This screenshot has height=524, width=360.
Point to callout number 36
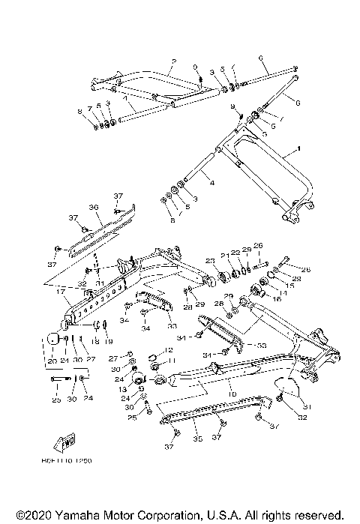pos(94,208)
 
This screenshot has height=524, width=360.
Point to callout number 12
pos(169,350)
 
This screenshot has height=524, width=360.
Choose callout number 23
pos(210,260)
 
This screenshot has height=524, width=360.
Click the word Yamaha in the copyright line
pos(64,517)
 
